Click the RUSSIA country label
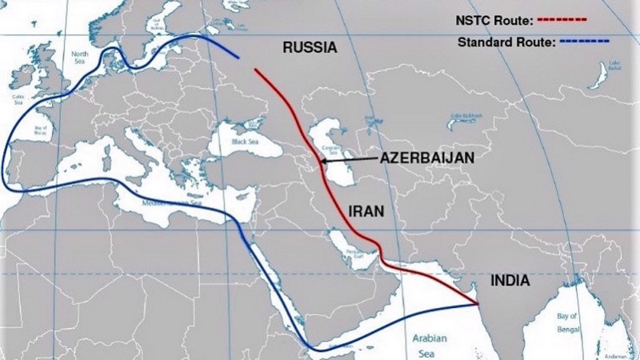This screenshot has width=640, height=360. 310,48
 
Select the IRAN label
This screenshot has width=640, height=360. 367,212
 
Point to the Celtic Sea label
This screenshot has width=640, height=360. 19,101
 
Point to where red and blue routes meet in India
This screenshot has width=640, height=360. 476,303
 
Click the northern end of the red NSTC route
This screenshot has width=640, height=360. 256,70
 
